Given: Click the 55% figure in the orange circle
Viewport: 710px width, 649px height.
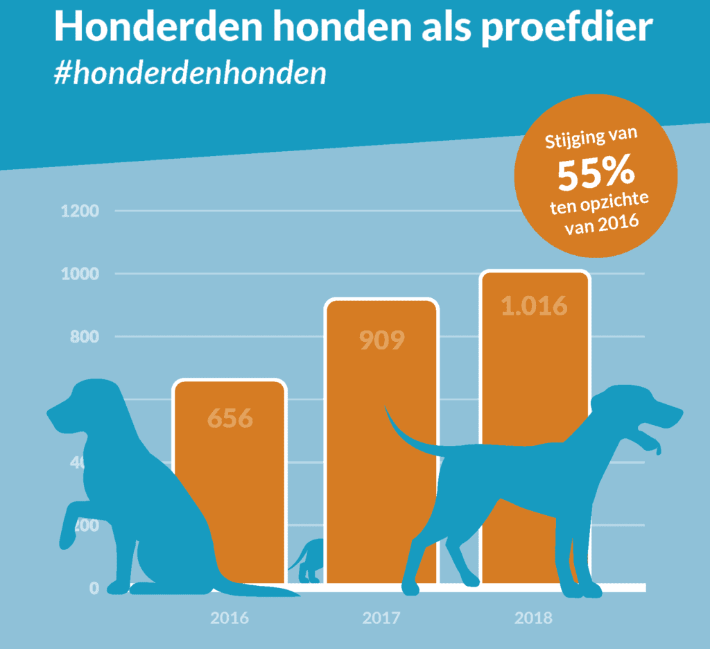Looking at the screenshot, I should click(x=596, y=176).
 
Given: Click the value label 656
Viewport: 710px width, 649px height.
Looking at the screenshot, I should click(x=230, y=419).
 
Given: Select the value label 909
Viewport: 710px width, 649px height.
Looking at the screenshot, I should click(x=382, y=340).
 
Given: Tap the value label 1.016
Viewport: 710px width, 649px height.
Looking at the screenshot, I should click(x=535, y=306).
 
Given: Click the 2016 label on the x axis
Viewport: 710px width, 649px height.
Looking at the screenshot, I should click(x=230, y=618).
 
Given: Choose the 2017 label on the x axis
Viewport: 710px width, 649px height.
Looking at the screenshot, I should click(x=381, y=618).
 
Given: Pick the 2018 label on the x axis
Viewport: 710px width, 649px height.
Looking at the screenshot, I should click(x=534, y=618).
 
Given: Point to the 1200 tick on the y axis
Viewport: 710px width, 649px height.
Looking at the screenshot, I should click(x=80, y=211).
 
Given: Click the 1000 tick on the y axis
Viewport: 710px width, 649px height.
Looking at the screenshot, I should click(x=80, y=274).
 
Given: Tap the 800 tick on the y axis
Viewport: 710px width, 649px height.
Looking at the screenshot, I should click(x=85, y=337).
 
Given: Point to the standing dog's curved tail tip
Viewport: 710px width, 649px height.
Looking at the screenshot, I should click(x=387, y=414).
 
